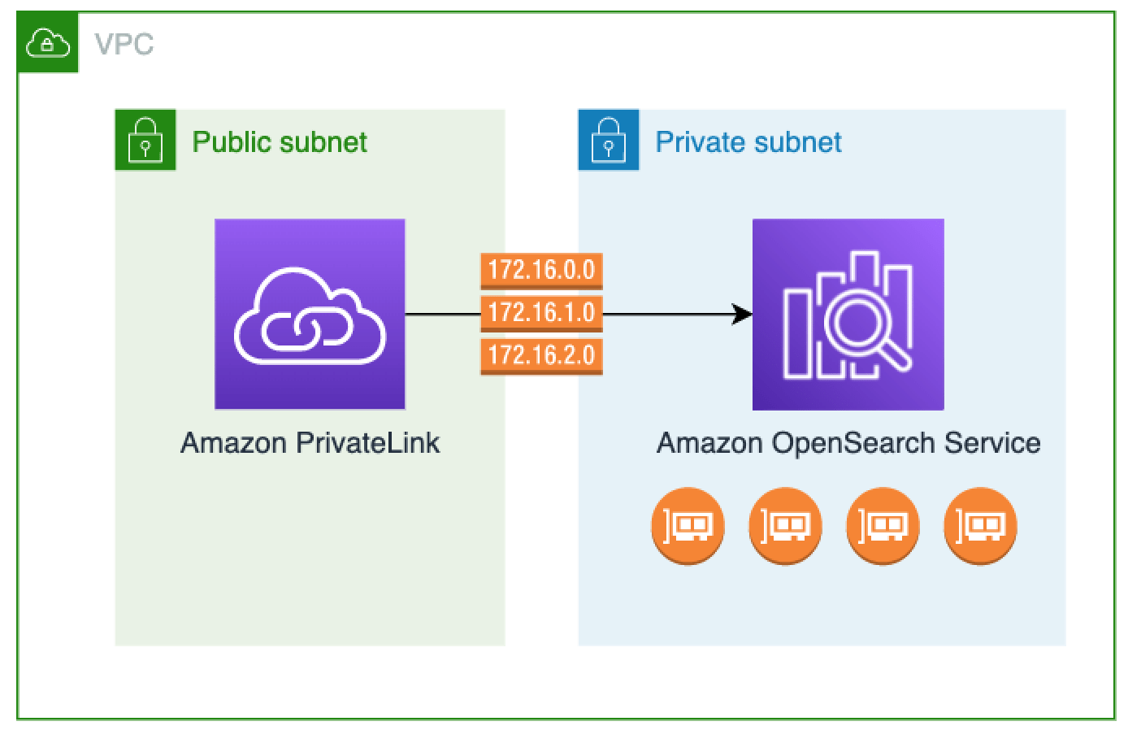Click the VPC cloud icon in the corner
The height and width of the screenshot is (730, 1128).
[x=48, y=43]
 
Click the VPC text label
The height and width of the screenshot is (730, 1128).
[x=124, y=44]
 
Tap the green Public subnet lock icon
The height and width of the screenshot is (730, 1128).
[x=145, y=140]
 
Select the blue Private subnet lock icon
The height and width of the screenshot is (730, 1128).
[x=609, y=140]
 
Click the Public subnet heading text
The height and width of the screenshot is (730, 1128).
[x=280, y=142]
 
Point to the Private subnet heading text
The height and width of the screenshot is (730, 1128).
[x=748, y=142]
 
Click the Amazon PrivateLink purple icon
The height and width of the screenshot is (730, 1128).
[x=310, y=314]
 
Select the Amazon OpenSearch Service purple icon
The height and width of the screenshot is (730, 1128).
[x=848, y=314]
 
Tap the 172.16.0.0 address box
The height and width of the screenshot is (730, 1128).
[x=541, y=270]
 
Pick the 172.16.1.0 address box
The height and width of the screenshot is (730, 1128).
[x=541, y=312]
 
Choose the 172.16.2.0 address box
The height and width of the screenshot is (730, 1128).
[x=541, y=355]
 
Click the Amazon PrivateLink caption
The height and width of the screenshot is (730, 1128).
[x=310, y=443]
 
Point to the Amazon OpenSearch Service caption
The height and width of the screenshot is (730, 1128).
[x=848, y=443]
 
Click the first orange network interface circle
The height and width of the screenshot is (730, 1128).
[x=688, y=525]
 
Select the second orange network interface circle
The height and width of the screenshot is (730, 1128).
[x=785, y=525]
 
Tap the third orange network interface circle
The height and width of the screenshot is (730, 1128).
[x=883, y=525]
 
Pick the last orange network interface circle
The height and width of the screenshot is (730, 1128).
[x=980, y=525]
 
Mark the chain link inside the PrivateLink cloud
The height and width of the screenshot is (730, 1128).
[x=306, y=329]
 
